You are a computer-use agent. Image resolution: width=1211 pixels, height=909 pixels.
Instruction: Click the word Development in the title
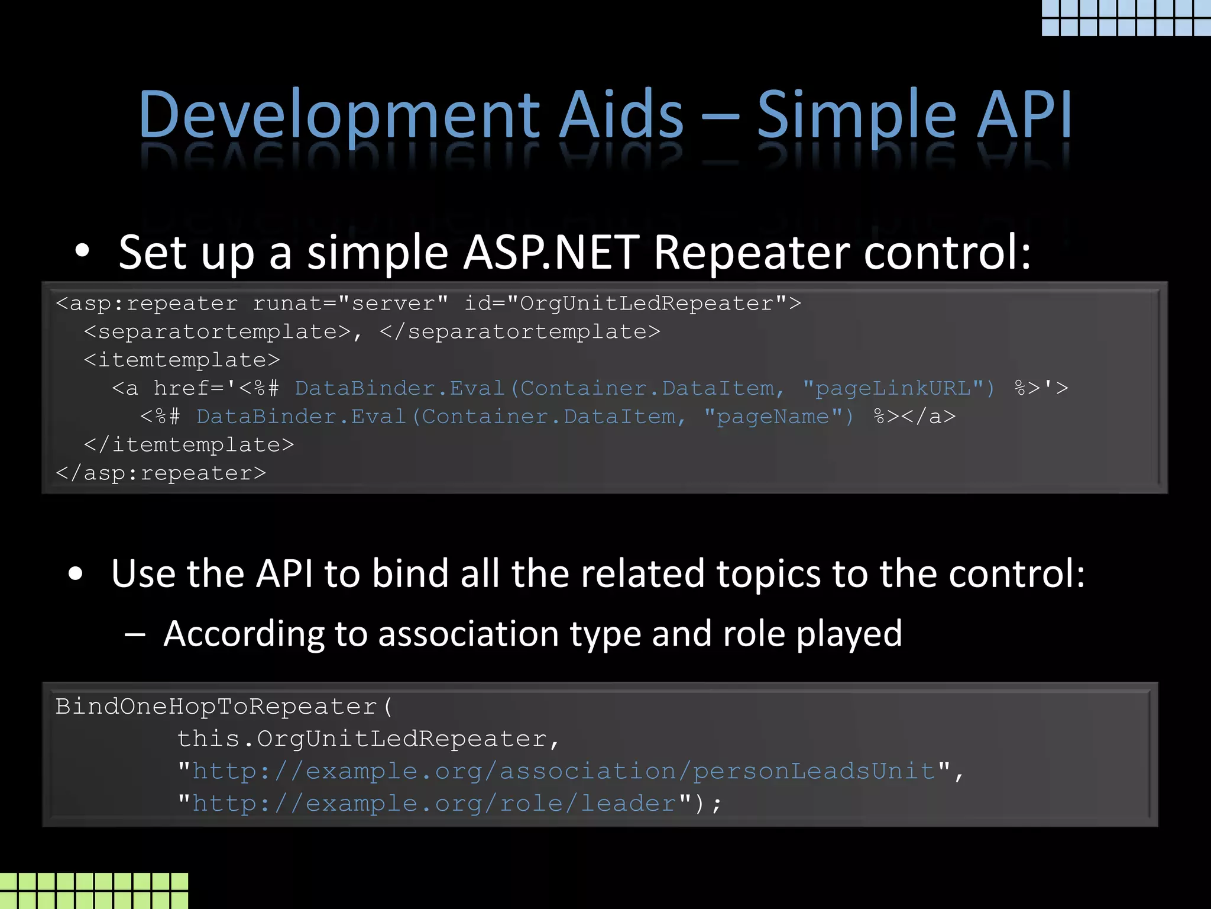[339, 115]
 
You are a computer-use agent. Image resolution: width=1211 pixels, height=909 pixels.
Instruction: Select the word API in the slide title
[1024, 115]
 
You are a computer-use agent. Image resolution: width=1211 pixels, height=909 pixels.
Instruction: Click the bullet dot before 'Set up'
[82, 252]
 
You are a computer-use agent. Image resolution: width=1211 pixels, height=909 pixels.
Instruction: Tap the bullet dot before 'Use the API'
[75, 573]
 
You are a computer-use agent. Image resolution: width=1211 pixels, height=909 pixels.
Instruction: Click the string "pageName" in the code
[779, 417]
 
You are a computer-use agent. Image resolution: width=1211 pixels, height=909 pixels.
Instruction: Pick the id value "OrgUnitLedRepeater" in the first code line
[647, 304]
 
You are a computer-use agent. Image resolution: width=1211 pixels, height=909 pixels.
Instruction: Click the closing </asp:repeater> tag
[161, 473]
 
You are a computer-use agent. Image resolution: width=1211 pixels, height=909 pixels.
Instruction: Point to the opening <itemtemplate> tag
[182, 360]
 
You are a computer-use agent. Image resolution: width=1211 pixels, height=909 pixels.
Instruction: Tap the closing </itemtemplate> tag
[189, 445]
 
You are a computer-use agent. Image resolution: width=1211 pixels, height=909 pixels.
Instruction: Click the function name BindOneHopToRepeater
[216, 707]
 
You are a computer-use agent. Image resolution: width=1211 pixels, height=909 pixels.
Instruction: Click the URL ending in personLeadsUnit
[564, 772]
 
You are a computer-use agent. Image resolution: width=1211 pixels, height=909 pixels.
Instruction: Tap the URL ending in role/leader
[434, 804]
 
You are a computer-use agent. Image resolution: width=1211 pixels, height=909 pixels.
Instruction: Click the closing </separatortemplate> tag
[520, 332]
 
